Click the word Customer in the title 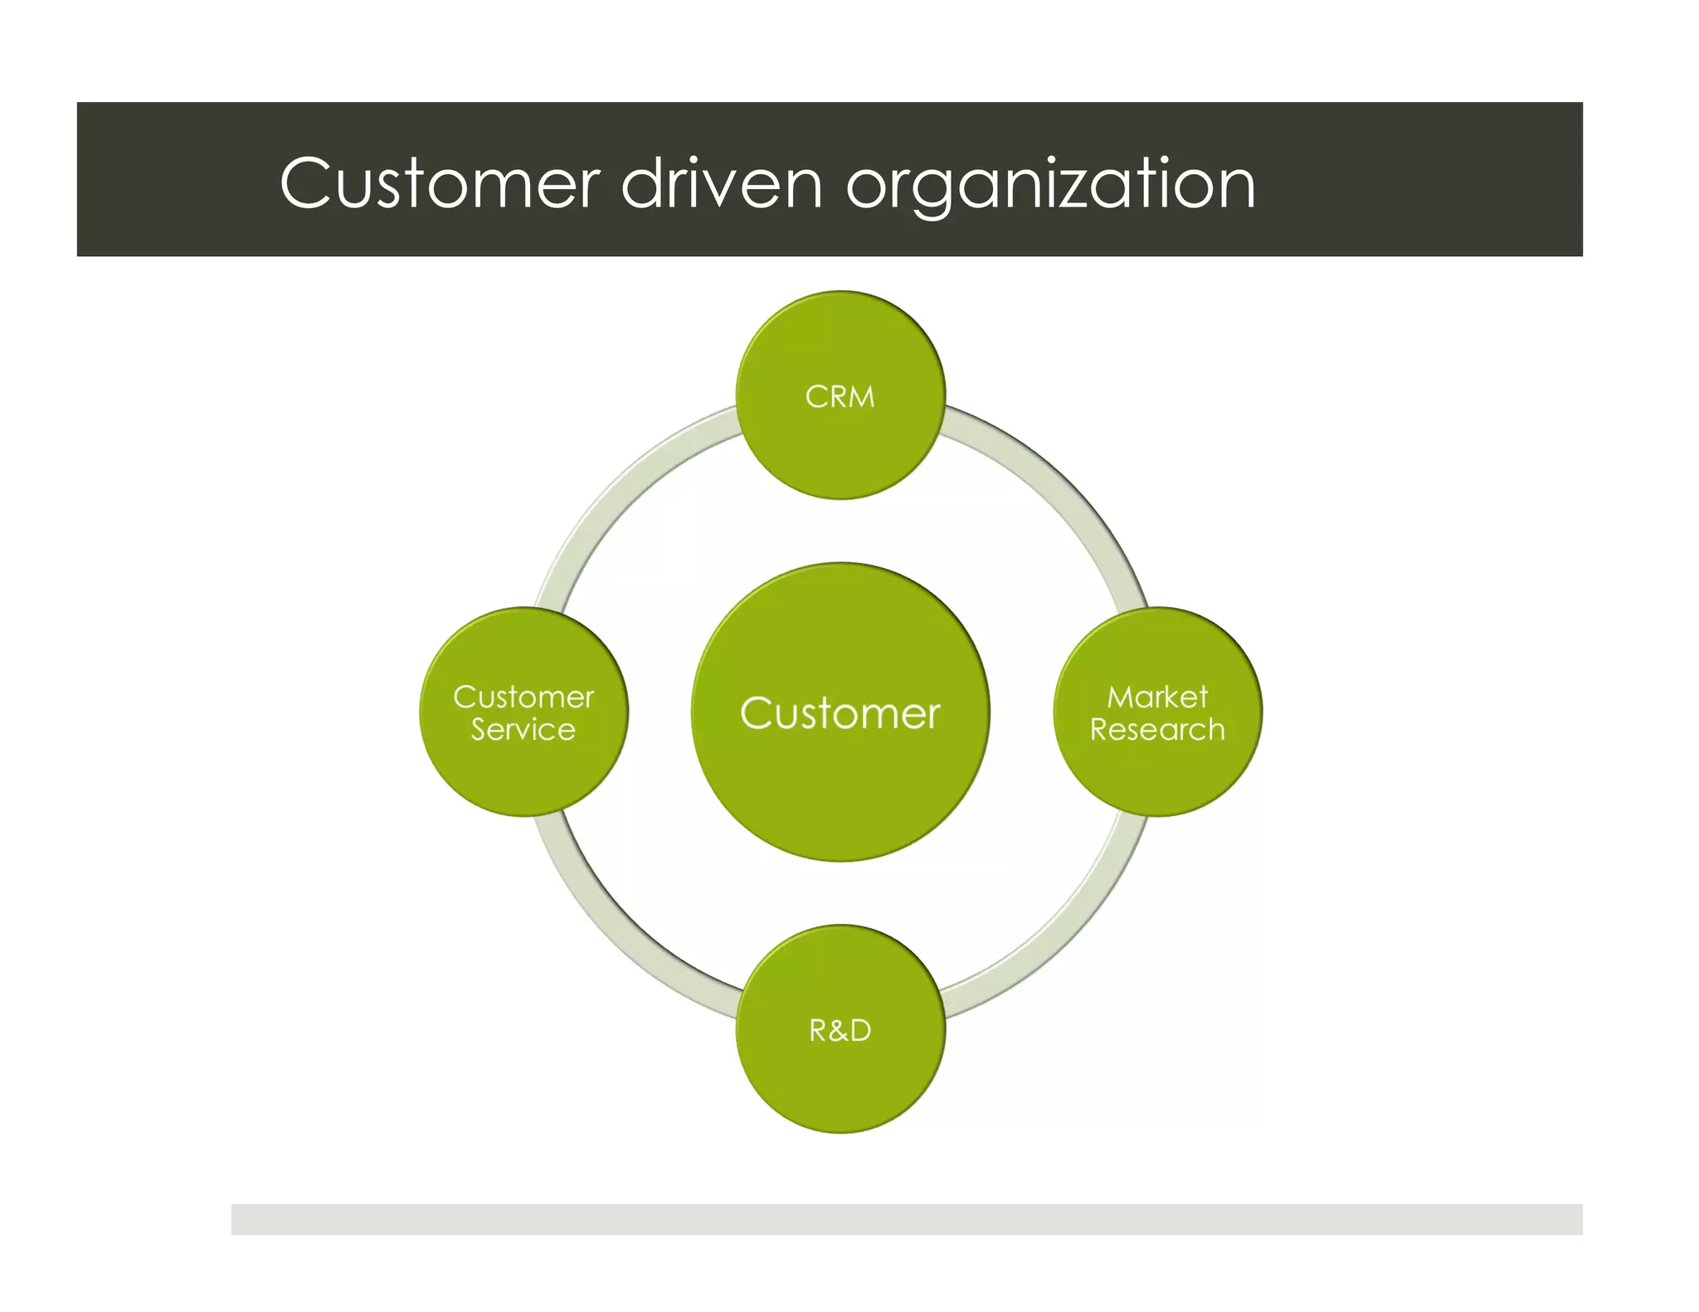[440, 184]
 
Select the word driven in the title [721, 184]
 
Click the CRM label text [840, 397]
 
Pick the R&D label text [840, 1031]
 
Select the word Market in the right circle [1156, 697]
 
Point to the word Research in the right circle [1156, 730]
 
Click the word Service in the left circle [523, 730]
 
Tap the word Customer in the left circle [523, 697]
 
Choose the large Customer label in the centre [840, 713]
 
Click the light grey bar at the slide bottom [906, 1219]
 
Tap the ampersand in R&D [839, 1031]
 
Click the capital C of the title [307, 183]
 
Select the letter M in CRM [860, 397]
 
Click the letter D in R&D [859, 1031]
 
